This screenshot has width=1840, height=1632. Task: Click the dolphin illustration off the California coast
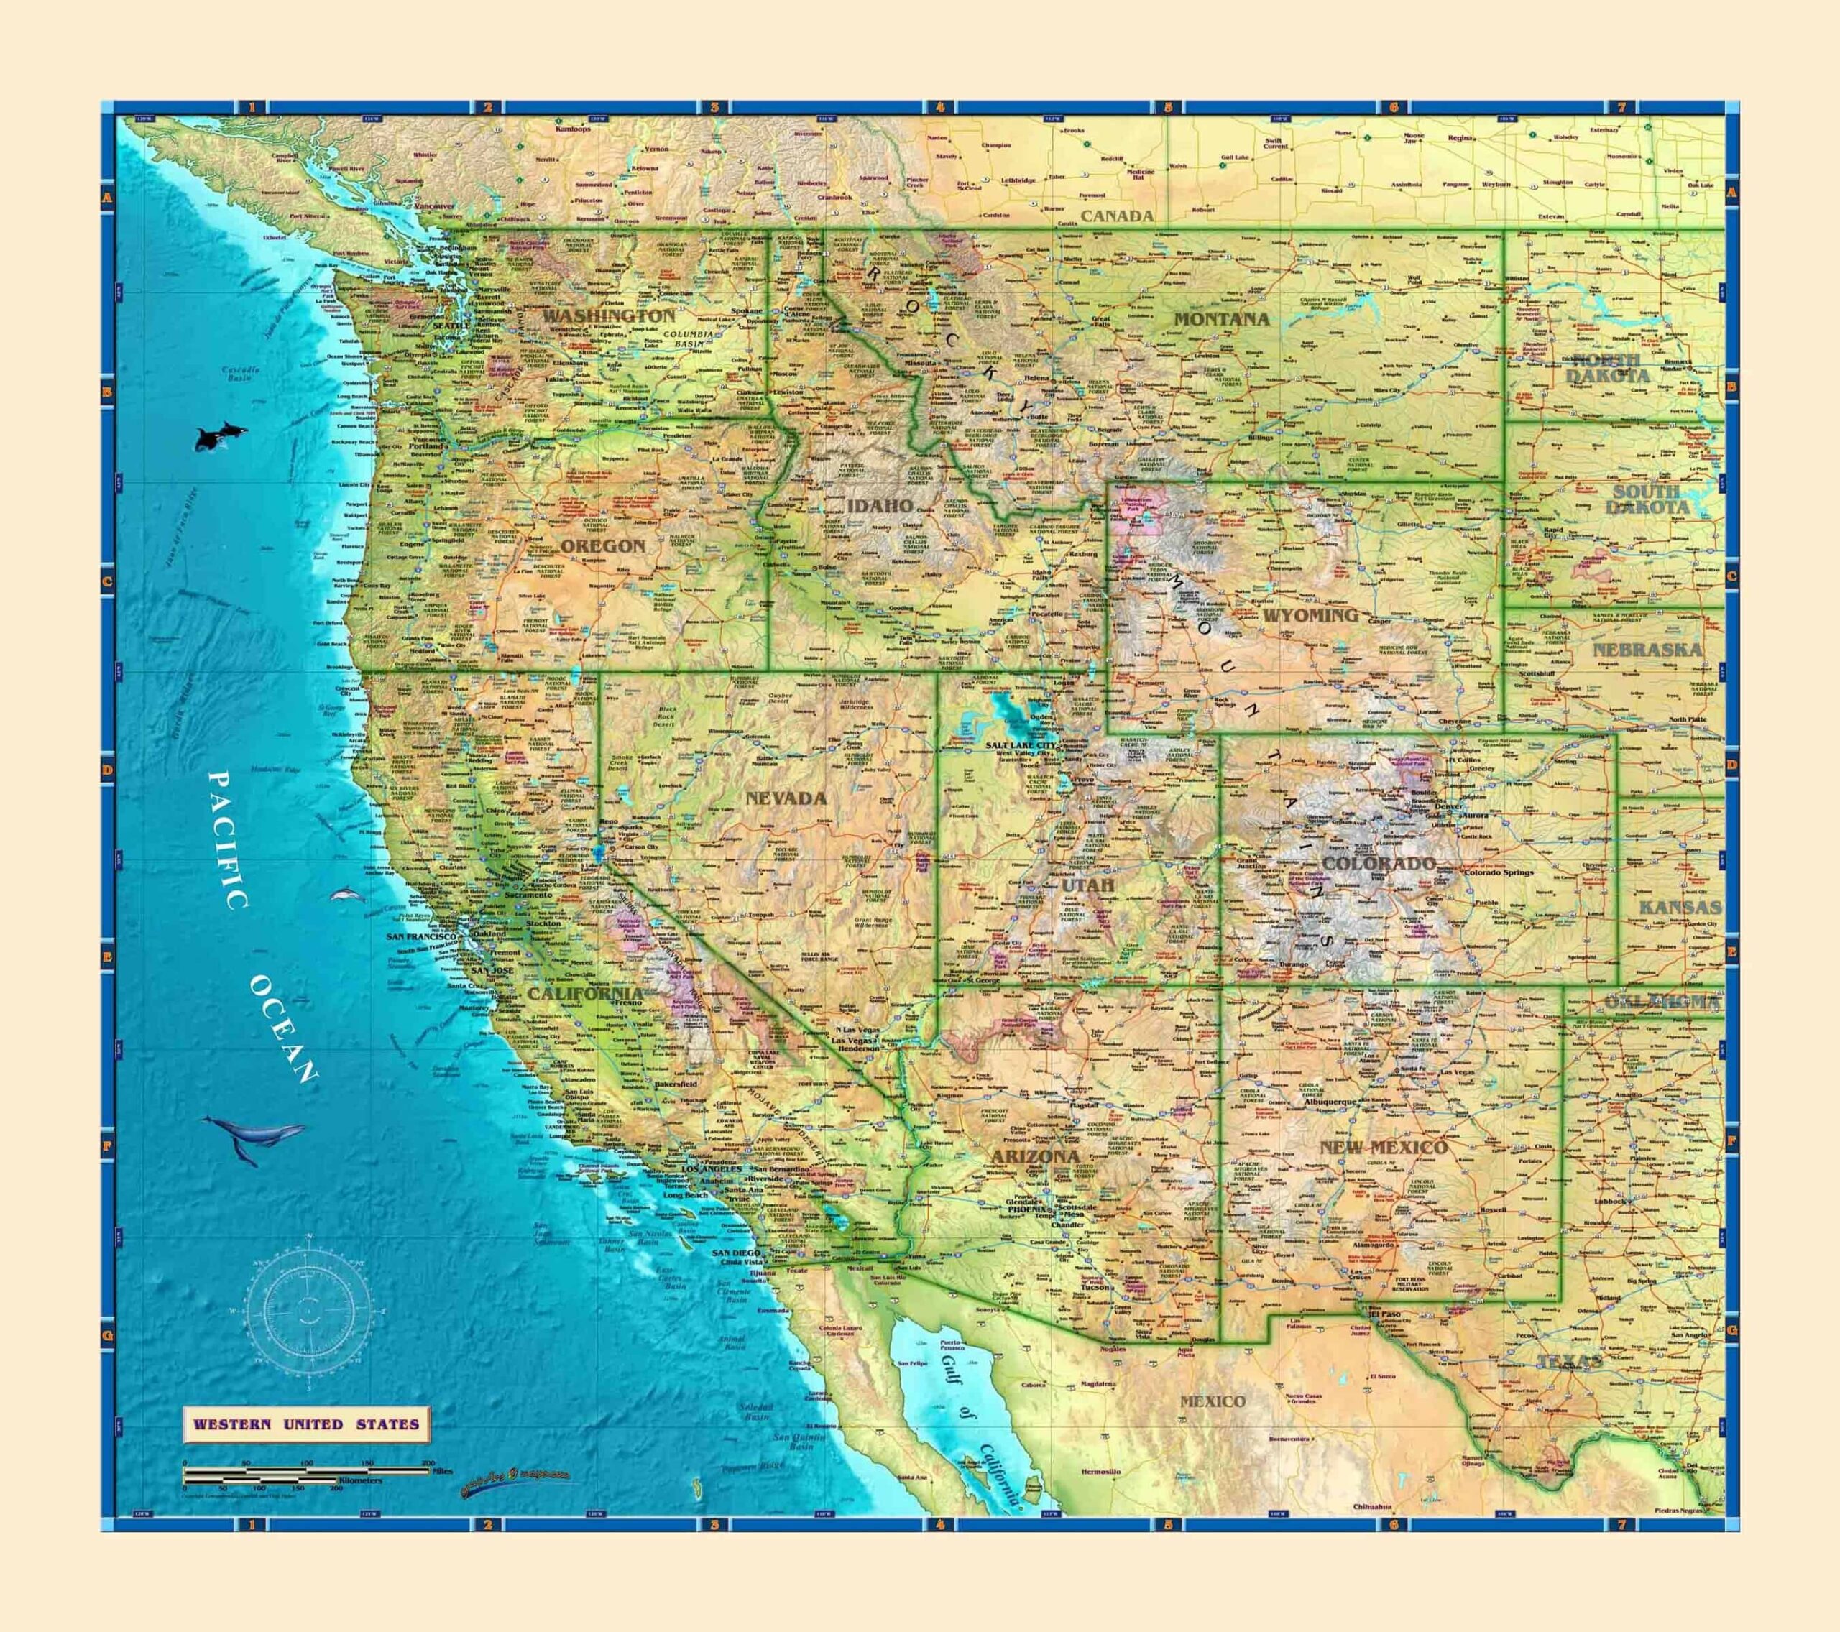[x=346, y=895]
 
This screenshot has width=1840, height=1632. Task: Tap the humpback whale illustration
[x=254, y=1136]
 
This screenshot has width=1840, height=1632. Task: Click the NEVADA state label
[x=785, y=798]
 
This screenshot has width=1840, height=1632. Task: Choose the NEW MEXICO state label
[x=1383, y=1147]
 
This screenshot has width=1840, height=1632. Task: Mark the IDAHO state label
[x=880, y=507]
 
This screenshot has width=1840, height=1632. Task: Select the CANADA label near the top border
[x=1117, y=216]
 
